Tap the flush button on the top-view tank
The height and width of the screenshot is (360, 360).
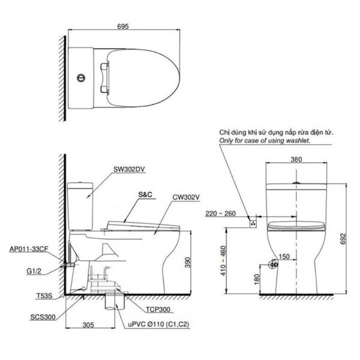80,76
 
